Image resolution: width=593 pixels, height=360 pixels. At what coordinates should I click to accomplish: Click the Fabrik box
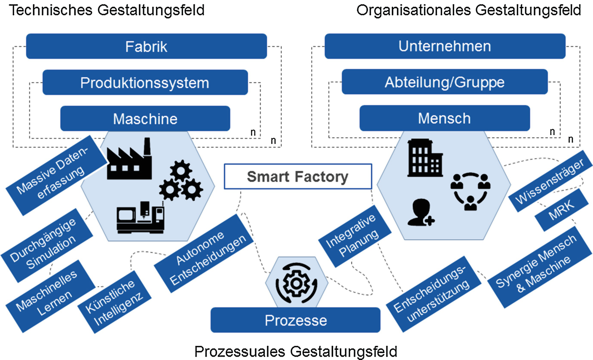click(x=146, y=46)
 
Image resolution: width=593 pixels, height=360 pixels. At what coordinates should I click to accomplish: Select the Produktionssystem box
click(x=145, y=82)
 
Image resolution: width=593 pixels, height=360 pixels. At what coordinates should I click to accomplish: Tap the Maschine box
click(x=145, y=118)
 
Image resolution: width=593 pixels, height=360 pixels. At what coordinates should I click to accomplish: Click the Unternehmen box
click(x=444, y=46)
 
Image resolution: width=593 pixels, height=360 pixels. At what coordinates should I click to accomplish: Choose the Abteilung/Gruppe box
click(x=444, y=82)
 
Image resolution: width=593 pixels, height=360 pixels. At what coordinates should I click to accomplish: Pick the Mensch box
click(x=444, y=118)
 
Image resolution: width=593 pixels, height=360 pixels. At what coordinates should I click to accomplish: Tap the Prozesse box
click(x=296, y=320)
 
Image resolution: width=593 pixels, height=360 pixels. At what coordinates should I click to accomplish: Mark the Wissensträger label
click(x=546, y=181)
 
